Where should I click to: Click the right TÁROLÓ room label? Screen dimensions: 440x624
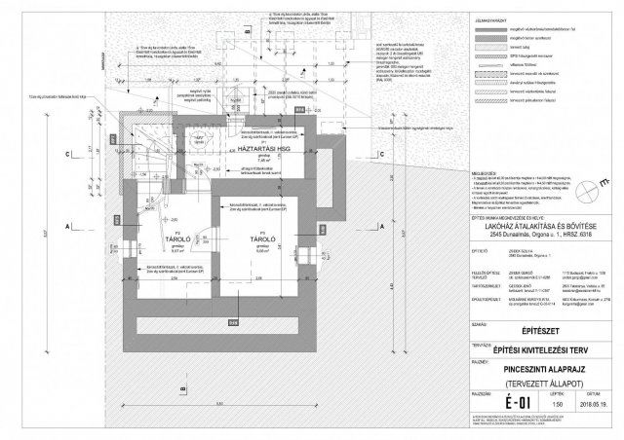coord(260,237)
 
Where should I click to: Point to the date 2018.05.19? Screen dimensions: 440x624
coord(596,403)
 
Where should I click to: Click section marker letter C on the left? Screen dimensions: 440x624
coord(66,154)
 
